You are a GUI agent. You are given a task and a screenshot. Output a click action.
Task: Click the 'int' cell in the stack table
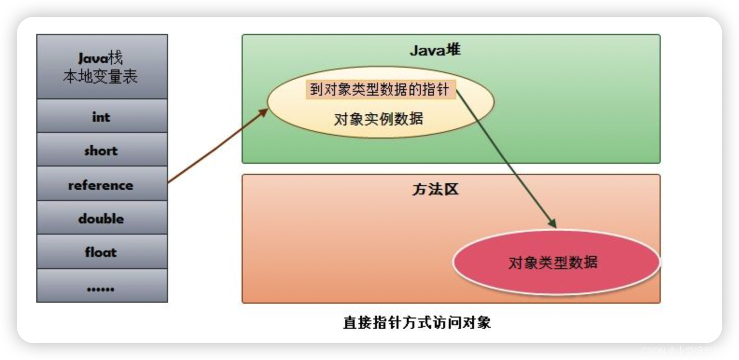(x=102, y=117)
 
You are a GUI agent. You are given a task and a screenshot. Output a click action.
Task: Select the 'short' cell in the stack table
(x=102, y=151)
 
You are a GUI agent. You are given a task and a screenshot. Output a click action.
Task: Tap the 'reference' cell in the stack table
(x=102, y=185)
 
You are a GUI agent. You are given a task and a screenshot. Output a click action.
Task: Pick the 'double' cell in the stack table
(x=102, y=219)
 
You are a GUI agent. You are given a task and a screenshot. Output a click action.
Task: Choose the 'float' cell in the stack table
(x=102, y=252)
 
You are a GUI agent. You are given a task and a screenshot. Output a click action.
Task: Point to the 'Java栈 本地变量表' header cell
(x=102, y=67)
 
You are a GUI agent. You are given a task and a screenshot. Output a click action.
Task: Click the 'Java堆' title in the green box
(x=435, y=50)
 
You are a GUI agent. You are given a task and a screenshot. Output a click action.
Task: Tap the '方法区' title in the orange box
(x=435, y=189)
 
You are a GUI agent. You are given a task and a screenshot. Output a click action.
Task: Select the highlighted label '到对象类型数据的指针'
(x=379, y=89)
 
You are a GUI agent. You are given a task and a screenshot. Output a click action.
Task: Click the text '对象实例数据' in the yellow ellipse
(x=378, y=119)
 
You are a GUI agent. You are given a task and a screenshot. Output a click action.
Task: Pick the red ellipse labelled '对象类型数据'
(x=555, y=262)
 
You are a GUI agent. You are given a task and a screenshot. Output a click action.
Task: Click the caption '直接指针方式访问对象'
(x=417, y=323)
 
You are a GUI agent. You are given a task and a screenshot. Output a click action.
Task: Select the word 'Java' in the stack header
(x=93, y=58)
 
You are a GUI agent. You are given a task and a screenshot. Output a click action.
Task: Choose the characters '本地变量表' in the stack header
(x=100, y=76)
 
